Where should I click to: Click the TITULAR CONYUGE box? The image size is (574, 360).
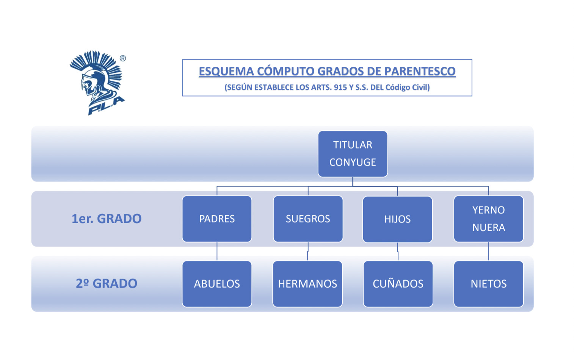[x=353, y=154]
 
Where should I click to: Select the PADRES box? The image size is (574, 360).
[x=217, y=219]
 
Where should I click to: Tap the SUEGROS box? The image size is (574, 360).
[x=308, y=219]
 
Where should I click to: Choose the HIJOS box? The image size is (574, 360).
[x=397, y=219]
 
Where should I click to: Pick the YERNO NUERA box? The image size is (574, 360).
[x=488, y=219]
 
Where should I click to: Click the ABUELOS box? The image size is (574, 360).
[x=217, y=284]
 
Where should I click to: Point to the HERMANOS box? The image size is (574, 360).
[x=307, y=284]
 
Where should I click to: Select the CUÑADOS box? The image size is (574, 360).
[x=398, y=284]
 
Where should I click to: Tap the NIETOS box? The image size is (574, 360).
[x=488, y=284]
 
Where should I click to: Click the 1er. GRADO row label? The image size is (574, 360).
[x=107, y=219]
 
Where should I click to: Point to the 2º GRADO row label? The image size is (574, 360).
[x=107, y=283]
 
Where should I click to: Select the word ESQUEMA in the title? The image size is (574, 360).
[x=226, y=71]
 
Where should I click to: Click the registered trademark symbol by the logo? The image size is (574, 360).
[x=123, y=58]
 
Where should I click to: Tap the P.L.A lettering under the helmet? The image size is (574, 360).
[x=106, y=106]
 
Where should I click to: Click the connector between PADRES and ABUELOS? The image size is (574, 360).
[x=217, y=252]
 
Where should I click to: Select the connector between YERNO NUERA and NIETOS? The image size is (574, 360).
[x=489, y=252]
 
